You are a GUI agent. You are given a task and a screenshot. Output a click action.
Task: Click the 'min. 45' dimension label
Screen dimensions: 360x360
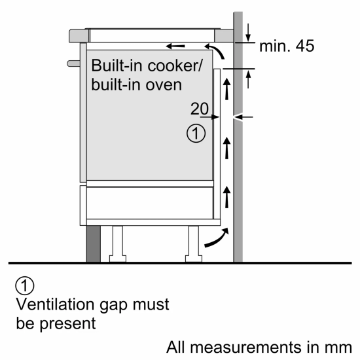coord(287,46)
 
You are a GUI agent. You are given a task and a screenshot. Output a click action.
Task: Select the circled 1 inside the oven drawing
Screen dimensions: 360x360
coord(196,134)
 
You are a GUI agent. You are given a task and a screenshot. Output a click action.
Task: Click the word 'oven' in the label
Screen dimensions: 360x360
coord(162,85)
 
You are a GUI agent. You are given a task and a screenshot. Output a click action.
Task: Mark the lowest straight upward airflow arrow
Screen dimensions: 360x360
coord(227,195)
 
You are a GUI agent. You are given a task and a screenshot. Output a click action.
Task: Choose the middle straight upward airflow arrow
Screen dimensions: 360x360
coord(227,147)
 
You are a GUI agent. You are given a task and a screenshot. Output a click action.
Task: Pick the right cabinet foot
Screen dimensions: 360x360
coord(194,243)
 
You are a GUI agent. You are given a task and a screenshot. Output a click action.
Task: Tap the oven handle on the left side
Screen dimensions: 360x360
coord(71,62)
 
